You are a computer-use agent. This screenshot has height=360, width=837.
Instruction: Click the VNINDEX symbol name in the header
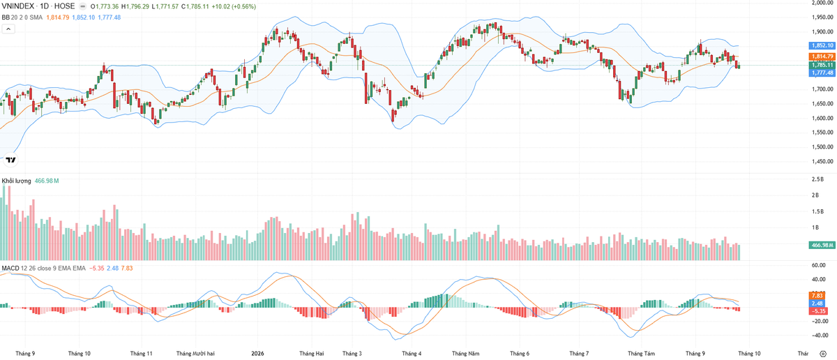pos(17,6)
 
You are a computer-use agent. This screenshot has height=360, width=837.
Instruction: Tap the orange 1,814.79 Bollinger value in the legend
pos(57,17)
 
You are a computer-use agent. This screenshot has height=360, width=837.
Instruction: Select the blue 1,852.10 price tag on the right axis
pos(822,45)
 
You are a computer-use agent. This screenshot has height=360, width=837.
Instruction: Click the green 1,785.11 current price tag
pos(822,65)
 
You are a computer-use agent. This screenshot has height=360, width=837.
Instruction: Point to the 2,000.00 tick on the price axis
pos(822,3)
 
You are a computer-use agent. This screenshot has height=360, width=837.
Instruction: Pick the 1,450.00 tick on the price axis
pos(822,161)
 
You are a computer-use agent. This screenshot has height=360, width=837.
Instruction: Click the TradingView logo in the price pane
pos(11,160)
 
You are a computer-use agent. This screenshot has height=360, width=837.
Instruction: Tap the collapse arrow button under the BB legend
pos(8,29)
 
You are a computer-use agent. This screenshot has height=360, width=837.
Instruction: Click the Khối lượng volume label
pos(17,181)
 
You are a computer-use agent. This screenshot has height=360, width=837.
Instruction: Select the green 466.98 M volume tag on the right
pos(822,246)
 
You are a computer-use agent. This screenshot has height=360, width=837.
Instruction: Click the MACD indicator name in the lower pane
pos(10,269)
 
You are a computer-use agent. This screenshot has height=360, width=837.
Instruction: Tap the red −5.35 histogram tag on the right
pos(818,311)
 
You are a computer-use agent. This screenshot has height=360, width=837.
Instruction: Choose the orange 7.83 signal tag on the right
pos(817,296)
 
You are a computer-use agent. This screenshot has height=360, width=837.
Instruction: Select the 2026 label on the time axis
pos(257,354)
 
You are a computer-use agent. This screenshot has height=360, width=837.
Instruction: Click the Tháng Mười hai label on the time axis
pos(195,354)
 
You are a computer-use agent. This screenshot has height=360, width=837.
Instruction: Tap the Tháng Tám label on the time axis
pos(641,354)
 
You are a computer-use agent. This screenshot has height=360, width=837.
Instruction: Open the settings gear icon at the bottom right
pos(823,354)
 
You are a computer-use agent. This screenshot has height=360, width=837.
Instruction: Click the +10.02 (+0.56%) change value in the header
pos(234,6)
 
